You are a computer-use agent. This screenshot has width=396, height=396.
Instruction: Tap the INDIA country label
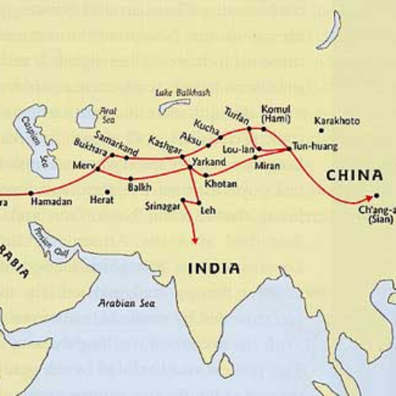(x=214, y=268)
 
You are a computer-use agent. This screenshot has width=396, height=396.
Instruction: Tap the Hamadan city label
(x=51, y=202)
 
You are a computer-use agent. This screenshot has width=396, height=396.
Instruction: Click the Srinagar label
(x=162, y=206)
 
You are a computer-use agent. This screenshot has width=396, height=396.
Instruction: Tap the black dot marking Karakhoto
(x=321, y=131)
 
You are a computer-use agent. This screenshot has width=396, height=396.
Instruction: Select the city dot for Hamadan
(x=31, y=192)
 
